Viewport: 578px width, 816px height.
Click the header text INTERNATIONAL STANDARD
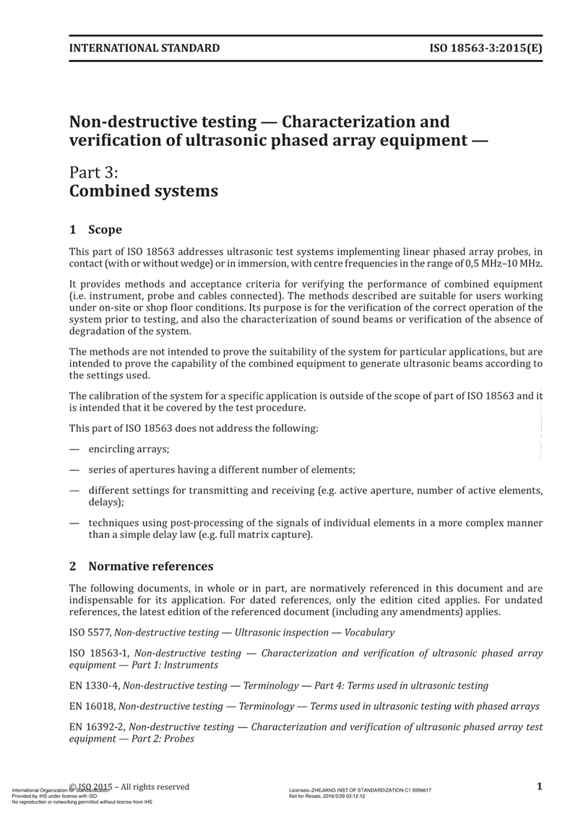(x=144, y=49)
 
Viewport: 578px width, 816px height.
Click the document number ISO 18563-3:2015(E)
(x=486, y=49)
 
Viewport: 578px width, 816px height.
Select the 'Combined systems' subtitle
(x=143, y=192)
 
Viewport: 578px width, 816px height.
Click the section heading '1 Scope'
(x=95, y=230)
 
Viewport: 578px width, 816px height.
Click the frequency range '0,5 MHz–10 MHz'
(x=505, y=264)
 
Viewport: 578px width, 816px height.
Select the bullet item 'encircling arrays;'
(x=129, y=449)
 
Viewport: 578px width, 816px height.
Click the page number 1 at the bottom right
(x=540, y=787)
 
